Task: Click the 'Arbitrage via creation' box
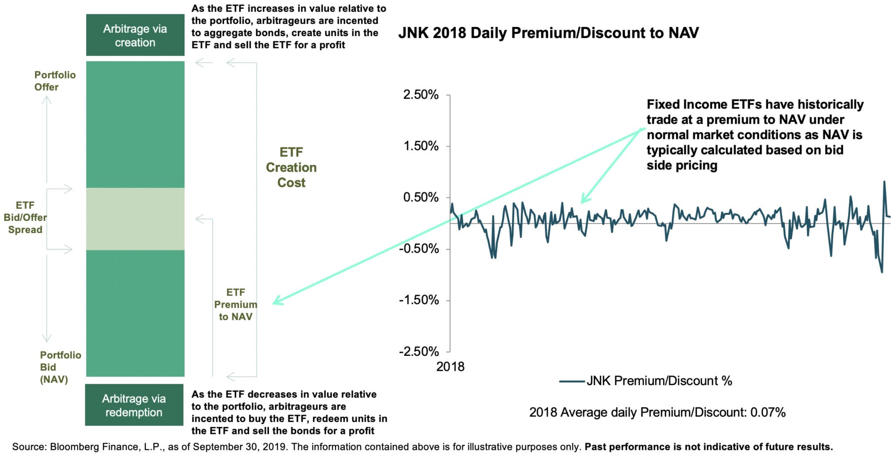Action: click(135, 35)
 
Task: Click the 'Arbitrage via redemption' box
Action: click(134, 405)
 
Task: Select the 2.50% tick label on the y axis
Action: click(421, 95)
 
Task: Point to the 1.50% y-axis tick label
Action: click(421, 146)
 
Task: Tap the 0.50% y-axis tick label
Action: click(421, 197)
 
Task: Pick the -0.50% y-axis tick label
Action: click(419, 249)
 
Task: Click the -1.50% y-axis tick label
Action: click(419, 300)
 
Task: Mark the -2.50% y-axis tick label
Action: click(419, 352)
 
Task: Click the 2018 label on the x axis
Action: click(450, 367)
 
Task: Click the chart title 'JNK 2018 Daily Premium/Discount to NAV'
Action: click(548, 33)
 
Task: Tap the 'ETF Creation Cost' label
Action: click(291, 167)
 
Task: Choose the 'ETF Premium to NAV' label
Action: click(235, 304)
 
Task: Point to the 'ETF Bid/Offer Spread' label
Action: click(25, 217)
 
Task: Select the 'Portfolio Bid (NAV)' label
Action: click(60, 367)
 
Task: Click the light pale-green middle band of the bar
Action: click(135, 219)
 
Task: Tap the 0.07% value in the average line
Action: click(768, 413)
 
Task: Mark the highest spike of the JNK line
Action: click(884, 182)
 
